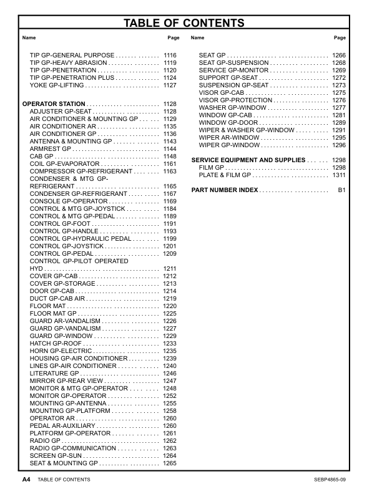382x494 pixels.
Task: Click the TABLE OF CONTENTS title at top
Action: pos(184,24)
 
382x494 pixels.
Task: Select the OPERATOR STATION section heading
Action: pos(54,104)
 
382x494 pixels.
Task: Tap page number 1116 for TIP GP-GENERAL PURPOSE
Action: pos(170,56)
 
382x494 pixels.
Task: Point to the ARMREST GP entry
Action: pos(51,149)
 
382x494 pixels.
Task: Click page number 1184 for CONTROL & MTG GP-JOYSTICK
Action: pos(170,209)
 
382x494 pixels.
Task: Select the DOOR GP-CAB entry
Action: pos(52,291)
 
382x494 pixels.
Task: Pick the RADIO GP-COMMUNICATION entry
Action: pos(73,448)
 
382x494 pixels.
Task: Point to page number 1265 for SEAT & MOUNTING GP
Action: pos(170,463)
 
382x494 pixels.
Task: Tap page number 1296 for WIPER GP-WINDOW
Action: pos(339,145)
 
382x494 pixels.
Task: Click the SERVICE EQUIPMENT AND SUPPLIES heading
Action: pos(248,160)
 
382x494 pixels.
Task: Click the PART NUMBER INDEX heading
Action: pos(225,189)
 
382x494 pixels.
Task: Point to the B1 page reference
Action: pos(341,189)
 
